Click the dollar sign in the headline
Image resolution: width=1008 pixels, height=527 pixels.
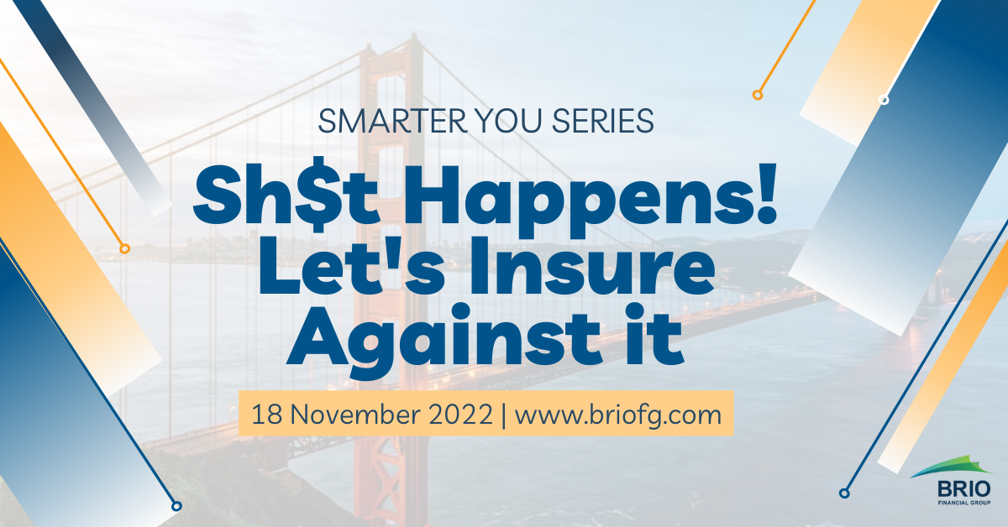tap(318, 194)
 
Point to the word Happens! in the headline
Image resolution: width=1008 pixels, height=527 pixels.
tap(591, 200)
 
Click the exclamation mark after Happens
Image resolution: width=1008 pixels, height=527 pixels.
tap(765, 193)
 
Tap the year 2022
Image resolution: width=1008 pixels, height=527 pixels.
tap(461, 415)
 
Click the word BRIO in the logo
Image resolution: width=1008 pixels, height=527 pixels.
tap(964, 488)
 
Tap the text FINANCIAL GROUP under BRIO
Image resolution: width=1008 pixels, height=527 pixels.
tap(964, 503)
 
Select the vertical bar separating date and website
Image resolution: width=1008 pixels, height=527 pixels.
tap(503, 415)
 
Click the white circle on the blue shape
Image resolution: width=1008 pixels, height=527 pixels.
tap(884, 100)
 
